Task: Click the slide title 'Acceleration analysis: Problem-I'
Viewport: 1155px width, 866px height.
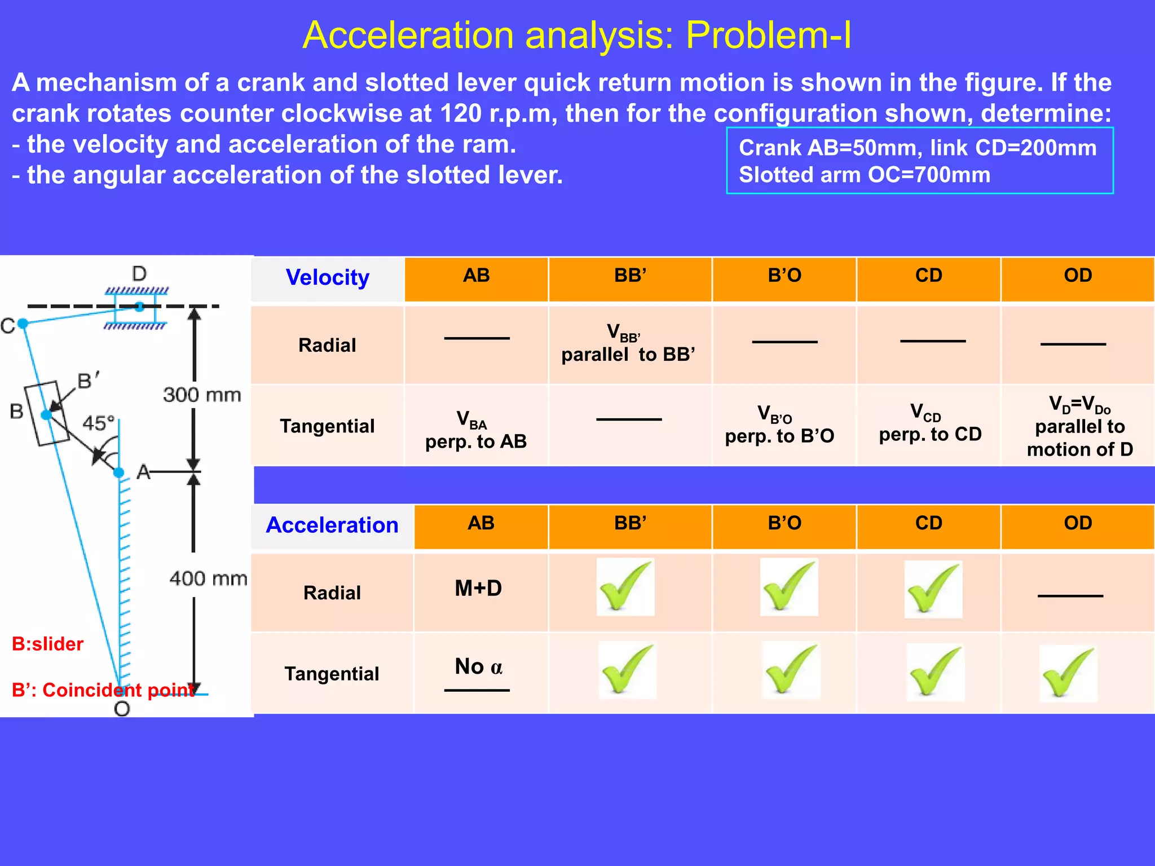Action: pos(576,35)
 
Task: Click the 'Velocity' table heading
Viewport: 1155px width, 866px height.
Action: pos(327,277)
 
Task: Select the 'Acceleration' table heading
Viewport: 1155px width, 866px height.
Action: pos(332,525)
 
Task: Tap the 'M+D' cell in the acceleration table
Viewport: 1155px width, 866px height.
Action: pos(478,589)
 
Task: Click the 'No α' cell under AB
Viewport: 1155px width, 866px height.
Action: pos(478,667)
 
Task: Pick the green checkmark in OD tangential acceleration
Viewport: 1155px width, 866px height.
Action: pos(1068,673)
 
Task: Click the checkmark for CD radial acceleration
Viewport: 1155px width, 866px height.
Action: pos(933,589)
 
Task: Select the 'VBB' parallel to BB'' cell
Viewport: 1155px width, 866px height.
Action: pos(628,343)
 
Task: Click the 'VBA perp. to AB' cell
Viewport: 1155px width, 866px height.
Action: pos(476,430)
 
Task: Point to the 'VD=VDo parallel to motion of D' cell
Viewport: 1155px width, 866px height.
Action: pos(1079,426)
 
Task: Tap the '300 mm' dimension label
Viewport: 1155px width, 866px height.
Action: pos(202,395)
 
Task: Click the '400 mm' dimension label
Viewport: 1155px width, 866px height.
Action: pos(208,578)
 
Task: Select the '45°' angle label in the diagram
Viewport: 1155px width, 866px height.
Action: pos(98,423)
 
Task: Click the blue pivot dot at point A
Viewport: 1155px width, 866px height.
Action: pos(119,472)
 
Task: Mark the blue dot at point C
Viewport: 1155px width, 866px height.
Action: pos(23,323)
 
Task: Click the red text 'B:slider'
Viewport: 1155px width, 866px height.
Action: pos(47,644)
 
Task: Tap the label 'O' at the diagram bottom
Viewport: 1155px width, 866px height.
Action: pos(122,709)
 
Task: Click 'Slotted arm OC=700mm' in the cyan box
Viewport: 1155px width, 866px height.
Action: pos(864,175)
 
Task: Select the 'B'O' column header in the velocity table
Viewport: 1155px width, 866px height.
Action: pos(784,276)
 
